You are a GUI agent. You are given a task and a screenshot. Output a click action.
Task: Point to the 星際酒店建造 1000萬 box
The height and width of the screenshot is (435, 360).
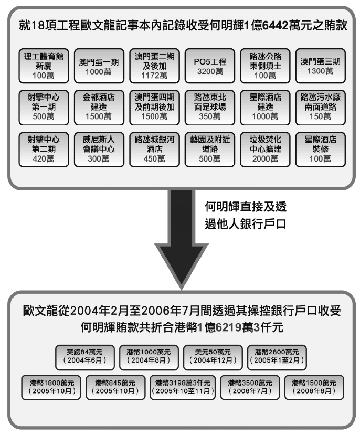(264, 107)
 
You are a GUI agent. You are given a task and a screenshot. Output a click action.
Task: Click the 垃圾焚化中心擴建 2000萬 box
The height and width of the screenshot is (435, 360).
(264, 149)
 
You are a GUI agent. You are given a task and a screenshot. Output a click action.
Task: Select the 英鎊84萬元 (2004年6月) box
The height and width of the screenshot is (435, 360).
(84, 356)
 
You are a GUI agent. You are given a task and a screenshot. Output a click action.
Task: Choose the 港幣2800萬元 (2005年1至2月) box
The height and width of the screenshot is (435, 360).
(276, 356)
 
